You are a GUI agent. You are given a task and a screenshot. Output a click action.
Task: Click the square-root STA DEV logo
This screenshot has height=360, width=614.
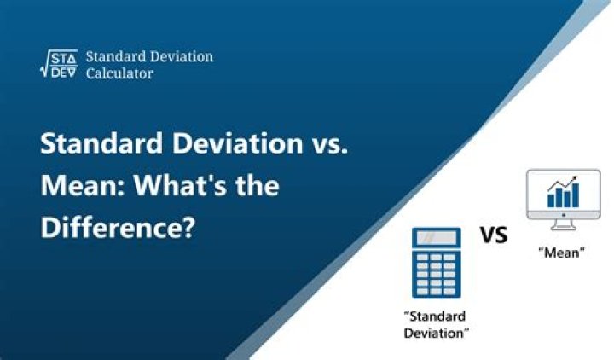tap(59, 63)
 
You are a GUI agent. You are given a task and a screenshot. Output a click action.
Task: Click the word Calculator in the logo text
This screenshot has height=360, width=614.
tap(119, 73)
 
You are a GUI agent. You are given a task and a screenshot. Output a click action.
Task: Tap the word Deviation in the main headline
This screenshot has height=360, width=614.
tap(238, 143)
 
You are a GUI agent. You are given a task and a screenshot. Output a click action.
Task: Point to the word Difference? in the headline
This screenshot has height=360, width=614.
tap(118, 228)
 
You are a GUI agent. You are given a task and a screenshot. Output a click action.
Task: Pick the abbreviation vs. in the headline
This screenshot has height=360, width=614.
tap(330, 144)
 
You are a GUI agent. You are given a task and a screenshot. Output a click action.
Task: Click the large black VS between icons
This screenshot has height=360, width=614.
tap(494, 235)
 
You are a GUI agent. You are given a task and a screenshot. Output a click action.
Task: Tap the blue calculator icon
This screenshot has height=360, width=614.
tap(437, 263)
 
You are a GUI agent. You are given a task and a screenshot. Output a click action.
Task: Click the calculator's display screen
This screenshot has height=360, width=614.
tap(437, 237)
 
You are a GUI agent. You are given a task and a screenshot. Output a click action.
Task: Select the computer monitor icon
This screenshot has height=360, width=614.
tap(563, 200)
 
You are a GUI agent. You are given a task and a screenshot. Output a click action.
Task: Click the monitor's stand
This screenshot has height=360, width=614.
tap(563, 224)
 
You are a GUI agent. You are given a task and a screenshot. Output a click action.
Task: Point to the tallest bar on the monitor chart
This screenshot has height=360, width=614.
tap(576, 195)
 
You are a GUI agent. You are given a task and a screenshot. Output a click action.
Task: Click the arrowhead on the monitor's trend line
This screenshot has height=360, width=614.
tap(575, 178)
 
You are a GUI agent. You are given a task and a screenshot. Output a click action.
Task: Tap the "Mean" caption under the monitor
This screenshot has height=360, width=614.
tap(561, 253)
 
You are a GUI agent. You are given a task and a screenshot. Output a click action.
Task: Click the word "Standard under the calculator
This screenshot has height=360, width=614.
tap(435, 316)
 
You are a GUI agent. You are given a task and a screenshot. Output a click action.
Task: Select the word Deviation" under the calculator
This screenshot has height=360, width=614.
tap(437, 334)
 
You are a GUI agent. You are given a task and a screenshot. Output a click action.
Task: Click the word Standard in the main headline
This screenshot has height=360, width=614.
tap(101, 143)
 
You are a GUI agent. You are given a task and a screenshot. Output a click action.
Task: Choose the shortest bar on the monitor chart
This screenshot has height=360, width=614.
tap(551, 201)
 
